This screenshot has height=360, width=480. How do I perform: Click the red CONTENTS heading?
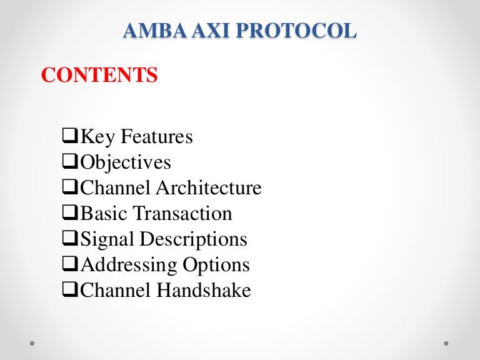tap(99, 76)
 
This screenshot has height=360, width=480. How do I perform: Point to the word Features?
tap(157, 136)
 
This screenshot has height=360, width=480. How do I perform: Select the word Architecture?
tap(208, 187)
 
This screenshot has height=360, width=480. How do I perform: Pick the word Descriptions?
tap(193, 239)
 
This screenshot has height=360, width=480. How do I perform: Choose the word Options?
tap(216, 264)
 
